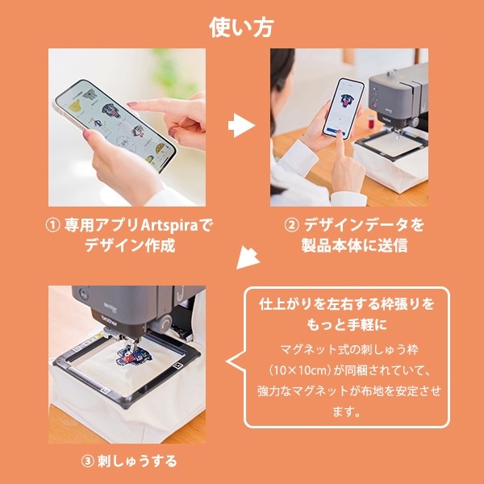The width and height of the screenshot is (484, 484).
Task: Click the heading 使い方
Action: [242, 27]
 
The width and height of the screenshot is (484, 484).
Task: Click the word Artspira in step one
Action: [169, 225]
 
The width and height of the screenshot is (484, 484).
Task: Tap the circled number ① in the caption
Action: [52, 225]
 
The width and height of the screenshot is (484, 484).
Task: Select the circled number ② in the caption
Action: [292, 225]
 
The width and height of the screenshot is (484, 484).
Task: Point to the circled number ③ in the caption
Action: [88, 461]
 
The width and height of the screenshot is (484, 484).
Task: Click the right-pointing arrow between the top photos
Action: [241, 125]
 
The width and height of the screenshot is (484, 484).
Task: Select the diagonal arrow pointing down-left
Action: [248, 258]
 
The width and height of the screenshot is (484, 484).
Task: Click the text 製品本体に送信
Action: [354, 245]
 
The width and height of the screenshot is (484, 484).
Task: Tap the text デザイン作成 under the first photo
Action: [130, 245]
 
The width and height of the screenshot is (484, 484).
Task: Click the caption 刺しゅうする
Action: [137, 461]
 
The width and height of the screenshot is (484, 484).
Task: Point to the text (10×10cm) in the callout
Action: [300, 370]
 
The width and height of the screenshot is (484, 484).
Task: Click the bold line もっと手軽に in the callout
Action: [347, 325]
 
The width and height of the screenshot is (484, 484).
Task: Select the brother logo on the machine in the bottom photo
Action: [110, 321]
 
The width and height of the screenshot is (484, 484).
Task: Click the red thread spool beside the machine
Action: [372, 121]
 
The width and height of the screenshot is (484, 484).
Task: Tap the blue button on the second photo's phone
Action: [336, 131]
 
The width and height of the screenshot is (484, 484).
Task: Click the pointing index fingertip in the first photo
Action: [131, 105]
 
